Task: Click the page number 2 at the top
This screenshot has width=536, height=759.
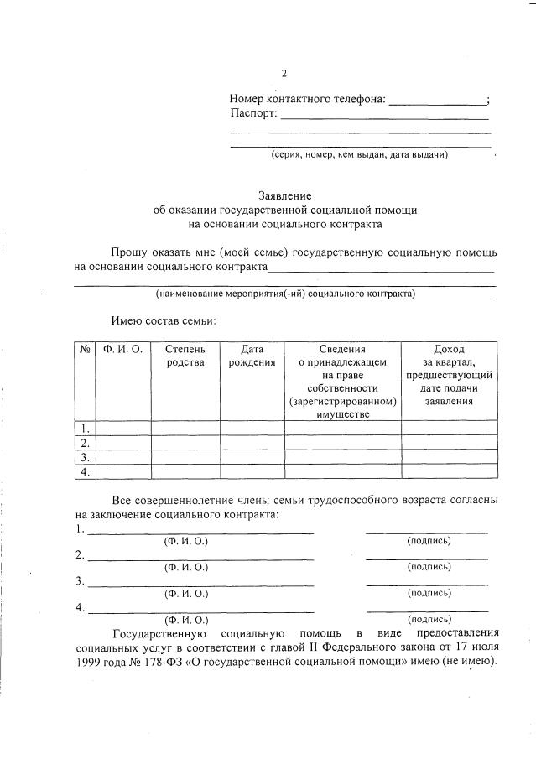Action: [x=284, y=73]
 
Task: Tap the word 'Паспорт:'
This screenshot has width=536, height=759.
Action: [x=252, y=114]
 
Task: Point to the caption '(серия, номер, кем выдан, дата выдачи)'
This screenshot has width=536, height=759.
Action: [x=359, y=155]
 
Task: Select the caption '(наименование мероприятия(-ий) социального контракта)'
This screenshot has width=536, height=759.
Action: [x=285, y=294]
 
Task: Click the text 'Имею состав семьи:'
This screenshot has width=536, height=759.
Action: [x=164, y=320]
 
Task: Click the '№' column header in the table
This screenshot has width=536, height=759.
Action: [x=85, y=349]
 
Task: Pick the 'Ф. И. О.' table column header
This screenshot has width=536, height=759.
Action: [x=123, y=349]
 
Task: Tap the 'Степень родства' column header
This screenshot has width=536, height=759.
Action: [x=185, y=356]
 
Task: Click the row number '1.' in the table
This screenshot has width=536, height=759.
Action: [x=84, y=428]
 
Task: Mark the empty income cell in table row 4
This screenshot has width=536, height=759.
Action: [x=449, y=472]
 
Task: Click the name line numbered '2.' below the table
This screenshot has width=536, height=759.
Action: [x=200, y=557]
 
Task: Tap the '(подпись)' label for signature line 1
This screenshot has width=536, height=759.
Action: [x=429, y=541]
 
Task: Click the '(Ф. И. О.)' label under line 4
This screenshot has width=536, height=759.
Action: [x=185, y=620]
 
